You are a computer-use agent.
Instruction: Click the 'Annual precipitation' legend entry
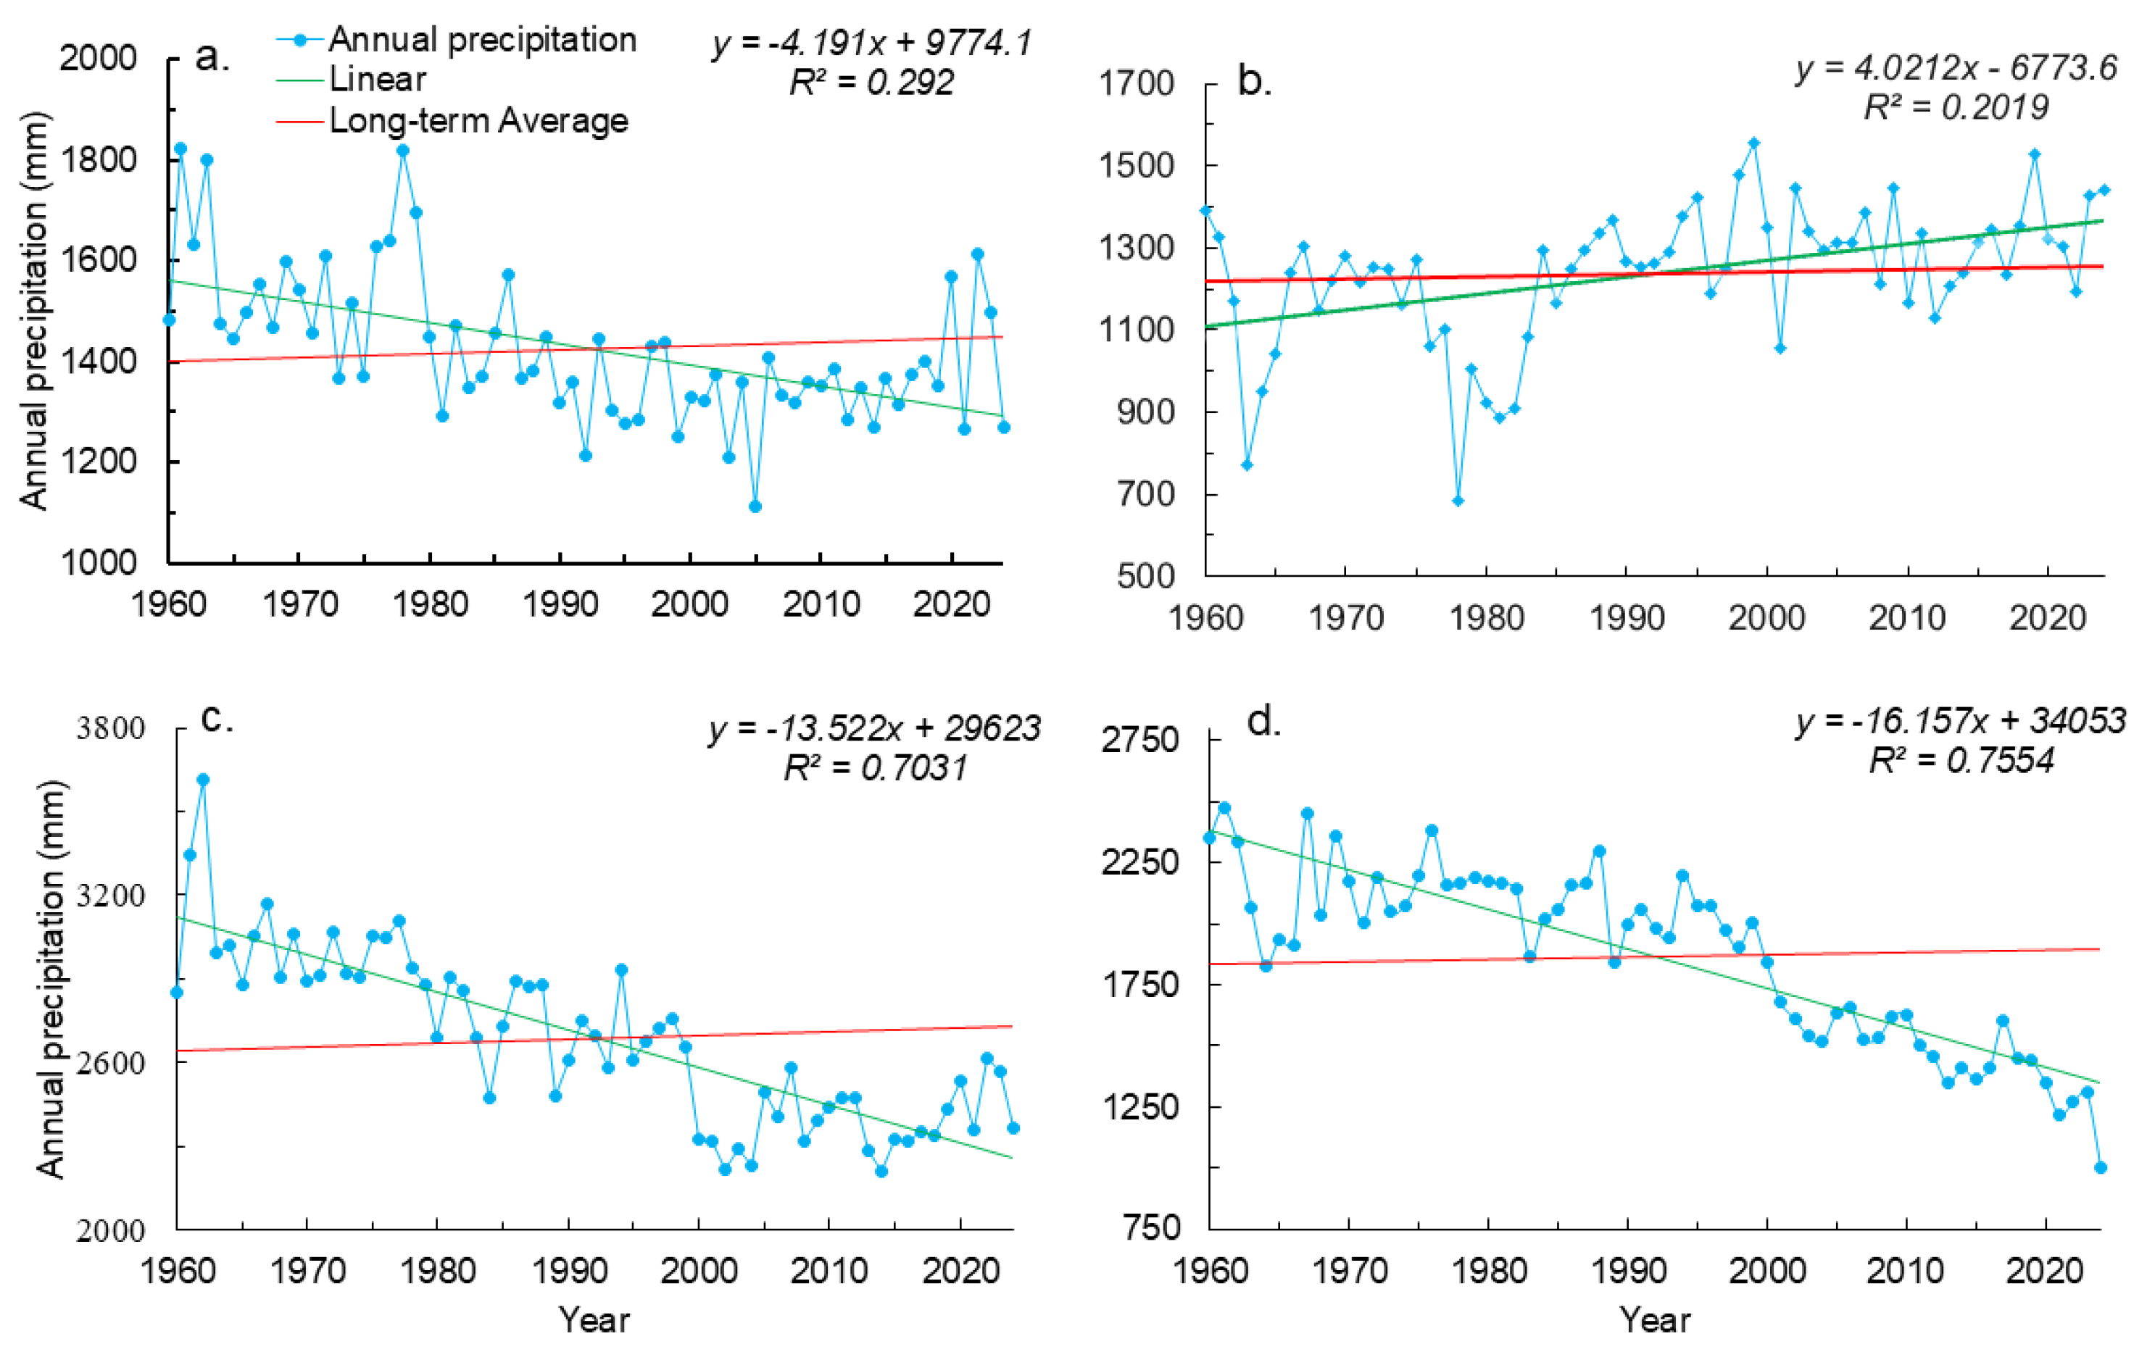coord(457,41)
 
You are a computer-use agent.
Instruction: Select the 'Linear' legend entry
coord(352,80)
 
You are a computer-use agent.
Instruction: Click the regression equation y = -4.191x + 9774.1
coord(873,42)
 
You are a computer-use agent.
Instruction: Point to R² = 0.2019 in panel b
coord(1956,107)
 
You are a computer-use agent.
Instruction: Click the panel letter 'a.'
coord(212,57)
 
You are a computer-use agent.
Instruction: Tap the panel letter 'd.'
coord(1265,721)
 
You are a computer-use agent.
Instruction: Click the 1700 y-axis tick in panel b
coord(1136,84)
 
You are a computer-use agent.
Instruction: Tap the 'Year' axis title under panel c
coord(594,1319)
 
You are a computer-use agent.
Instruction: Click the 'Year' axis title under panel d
coord(1655,1319)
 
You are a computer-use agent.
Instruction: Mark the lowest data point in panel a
coord(755,506)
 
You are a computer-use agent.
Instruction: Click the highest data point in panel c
coord(203,780)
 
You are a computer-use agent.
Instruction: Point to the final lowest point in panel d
coord(2101,1167)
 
